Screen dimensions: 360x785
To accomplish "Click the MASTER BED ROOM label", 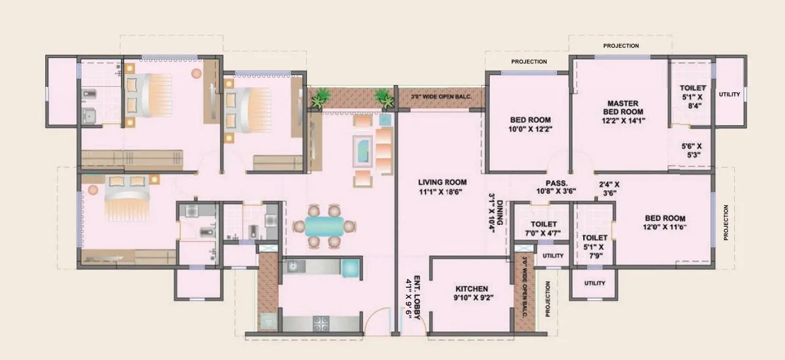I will tap(623, 108).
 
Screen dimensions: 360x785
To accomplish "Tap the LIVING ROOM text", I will tap(442, 182).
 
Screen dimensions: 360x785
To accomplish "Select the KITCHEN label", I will tap(471, 289).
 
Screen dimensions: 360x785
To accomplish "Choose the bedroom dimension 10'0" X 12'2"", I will tap(530, 130).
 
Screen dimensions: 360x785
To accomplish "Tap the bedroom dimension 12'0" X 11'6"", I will tap(665, 227).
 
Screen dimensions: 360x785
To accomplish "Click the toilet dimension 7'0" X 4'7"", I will tap(543, 233).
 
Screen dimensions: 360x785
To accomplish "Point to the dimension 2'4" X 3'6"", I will tap(608, 188).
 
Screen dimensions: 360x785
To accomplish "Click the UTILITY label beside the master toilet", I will tap(729, 94).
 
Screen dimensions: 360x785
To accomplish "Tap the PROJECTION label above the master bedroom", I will tap(621, 46).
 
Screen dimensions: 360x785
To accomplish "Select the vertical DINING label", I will tap(499, 214).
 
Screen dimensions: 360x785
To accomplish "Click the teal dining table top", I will tap(324, 226).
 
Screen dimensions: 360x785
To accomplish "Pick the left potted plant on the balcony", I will tap(319, 98).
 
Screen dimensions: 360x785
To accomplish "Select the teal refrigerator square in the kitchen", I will tap(350, 268).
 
